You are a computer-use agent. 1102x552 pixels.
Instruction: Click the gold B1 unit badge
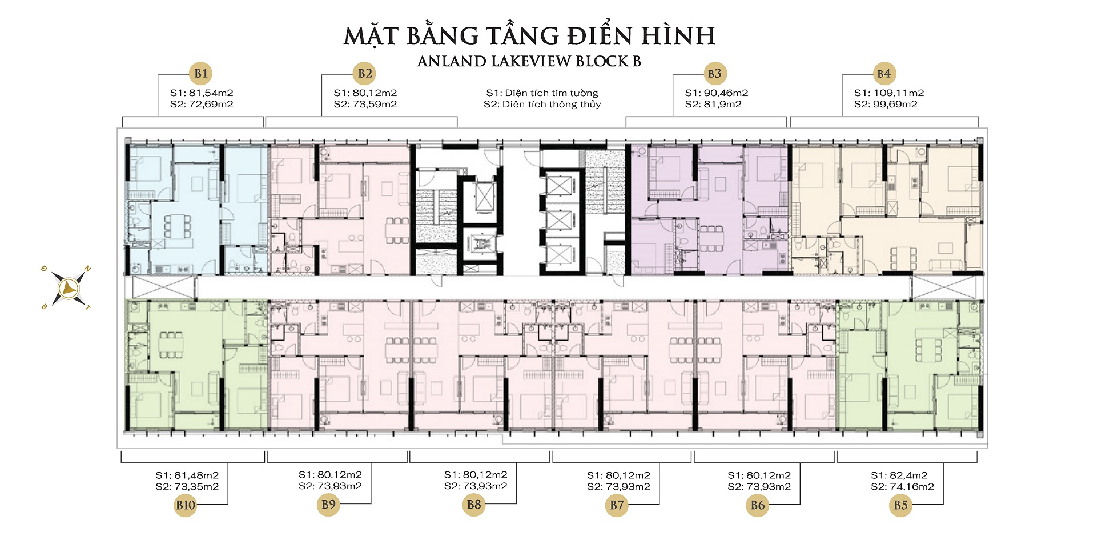pos(201,73)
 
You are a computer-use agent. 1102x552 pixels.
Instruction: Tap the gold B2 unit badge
pos(365,73)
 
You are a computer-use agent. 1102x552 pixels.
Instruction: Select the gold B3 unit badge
pos(714,73)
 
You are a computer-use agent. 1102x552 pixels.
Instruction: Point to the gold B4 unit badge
pos(884,73)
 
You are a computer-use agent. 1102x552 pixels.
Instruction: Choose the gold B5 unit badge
pos(900,505)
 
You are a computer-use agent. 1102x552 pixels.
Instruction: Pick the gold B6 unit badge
pos(758,505)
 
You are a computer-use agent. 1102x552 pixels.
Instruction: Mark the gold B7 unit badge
pos(617,505)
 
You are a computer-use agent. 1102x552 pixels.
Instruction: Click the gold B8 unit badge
pos(474,505)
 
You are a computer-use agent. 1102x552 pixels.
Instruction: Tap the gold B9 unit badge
pos(328,505)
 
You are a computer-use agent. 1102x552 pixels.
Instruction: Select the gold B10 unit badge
pos(186,505)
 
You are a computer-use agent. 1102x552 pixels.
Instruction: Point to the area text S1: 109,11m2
pos(889,93)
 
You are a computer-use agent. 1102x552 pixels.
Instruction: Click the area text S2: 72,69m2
pos(202,104)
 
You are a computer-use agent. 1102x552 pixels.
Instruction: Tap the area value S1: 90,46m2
pos(717,93)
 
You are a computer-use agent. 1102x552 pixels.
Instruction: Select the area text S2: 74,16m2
pos(903,487)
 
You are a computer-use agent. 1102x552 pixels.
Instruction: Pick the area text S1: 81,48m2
pos(187,475)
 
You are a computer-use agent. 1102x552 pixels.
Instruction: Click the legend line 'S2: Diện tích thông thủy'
pos(542,104)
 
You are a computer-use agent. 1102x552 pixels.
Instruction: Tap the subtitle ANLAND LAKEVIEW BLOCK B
pos(529,61)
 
